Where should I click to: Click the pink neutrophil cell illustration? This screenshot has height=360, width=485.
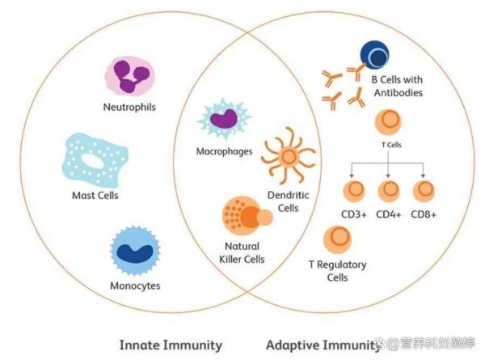tap(130, 76)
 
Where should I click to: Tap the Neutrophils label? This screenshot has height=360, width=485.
tap(129, 107)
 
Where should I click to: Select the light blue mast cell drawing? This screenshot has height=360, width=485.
tap(95, 159)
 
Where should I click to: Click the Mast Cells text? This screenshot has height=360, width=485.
tap(95, 195)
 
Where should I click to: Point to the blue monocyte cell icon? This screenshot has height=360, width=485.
tap(135, 251)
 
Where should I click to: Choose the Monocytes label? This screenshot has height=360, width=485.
tap(135, 286)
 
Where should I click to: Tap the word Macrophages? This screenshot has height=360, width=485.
tap(224, 151)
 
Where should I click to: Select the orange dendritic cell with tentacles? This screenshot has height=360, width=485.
tap(289, 155)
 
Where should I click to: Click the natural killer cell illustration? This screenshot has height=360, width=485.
tap(247, 215)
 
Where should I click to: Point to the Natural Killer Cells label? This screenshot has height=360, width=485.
tap(242, 252)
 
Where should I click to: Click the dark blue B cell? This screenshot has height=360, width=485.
tap(374, 55)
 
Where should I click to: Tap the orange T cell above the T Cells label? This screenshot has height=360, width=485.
tap(388, 123)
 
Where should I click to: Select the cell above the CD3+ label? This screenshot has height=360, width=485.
tap(354, 191)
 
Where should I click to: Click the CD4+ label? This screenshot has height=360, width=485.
tap(389, 214)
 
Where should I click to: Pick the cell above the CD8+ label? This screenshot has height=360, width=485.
tap(424, 191)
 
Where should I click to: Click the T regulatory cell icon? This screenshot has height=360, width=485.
tap(337, 239)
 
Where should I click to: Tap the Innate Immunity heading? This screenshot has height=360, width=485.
tap(171, 345)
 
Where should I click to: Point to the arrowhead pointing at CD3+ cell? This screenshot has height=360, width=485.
tap(352, 176)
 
